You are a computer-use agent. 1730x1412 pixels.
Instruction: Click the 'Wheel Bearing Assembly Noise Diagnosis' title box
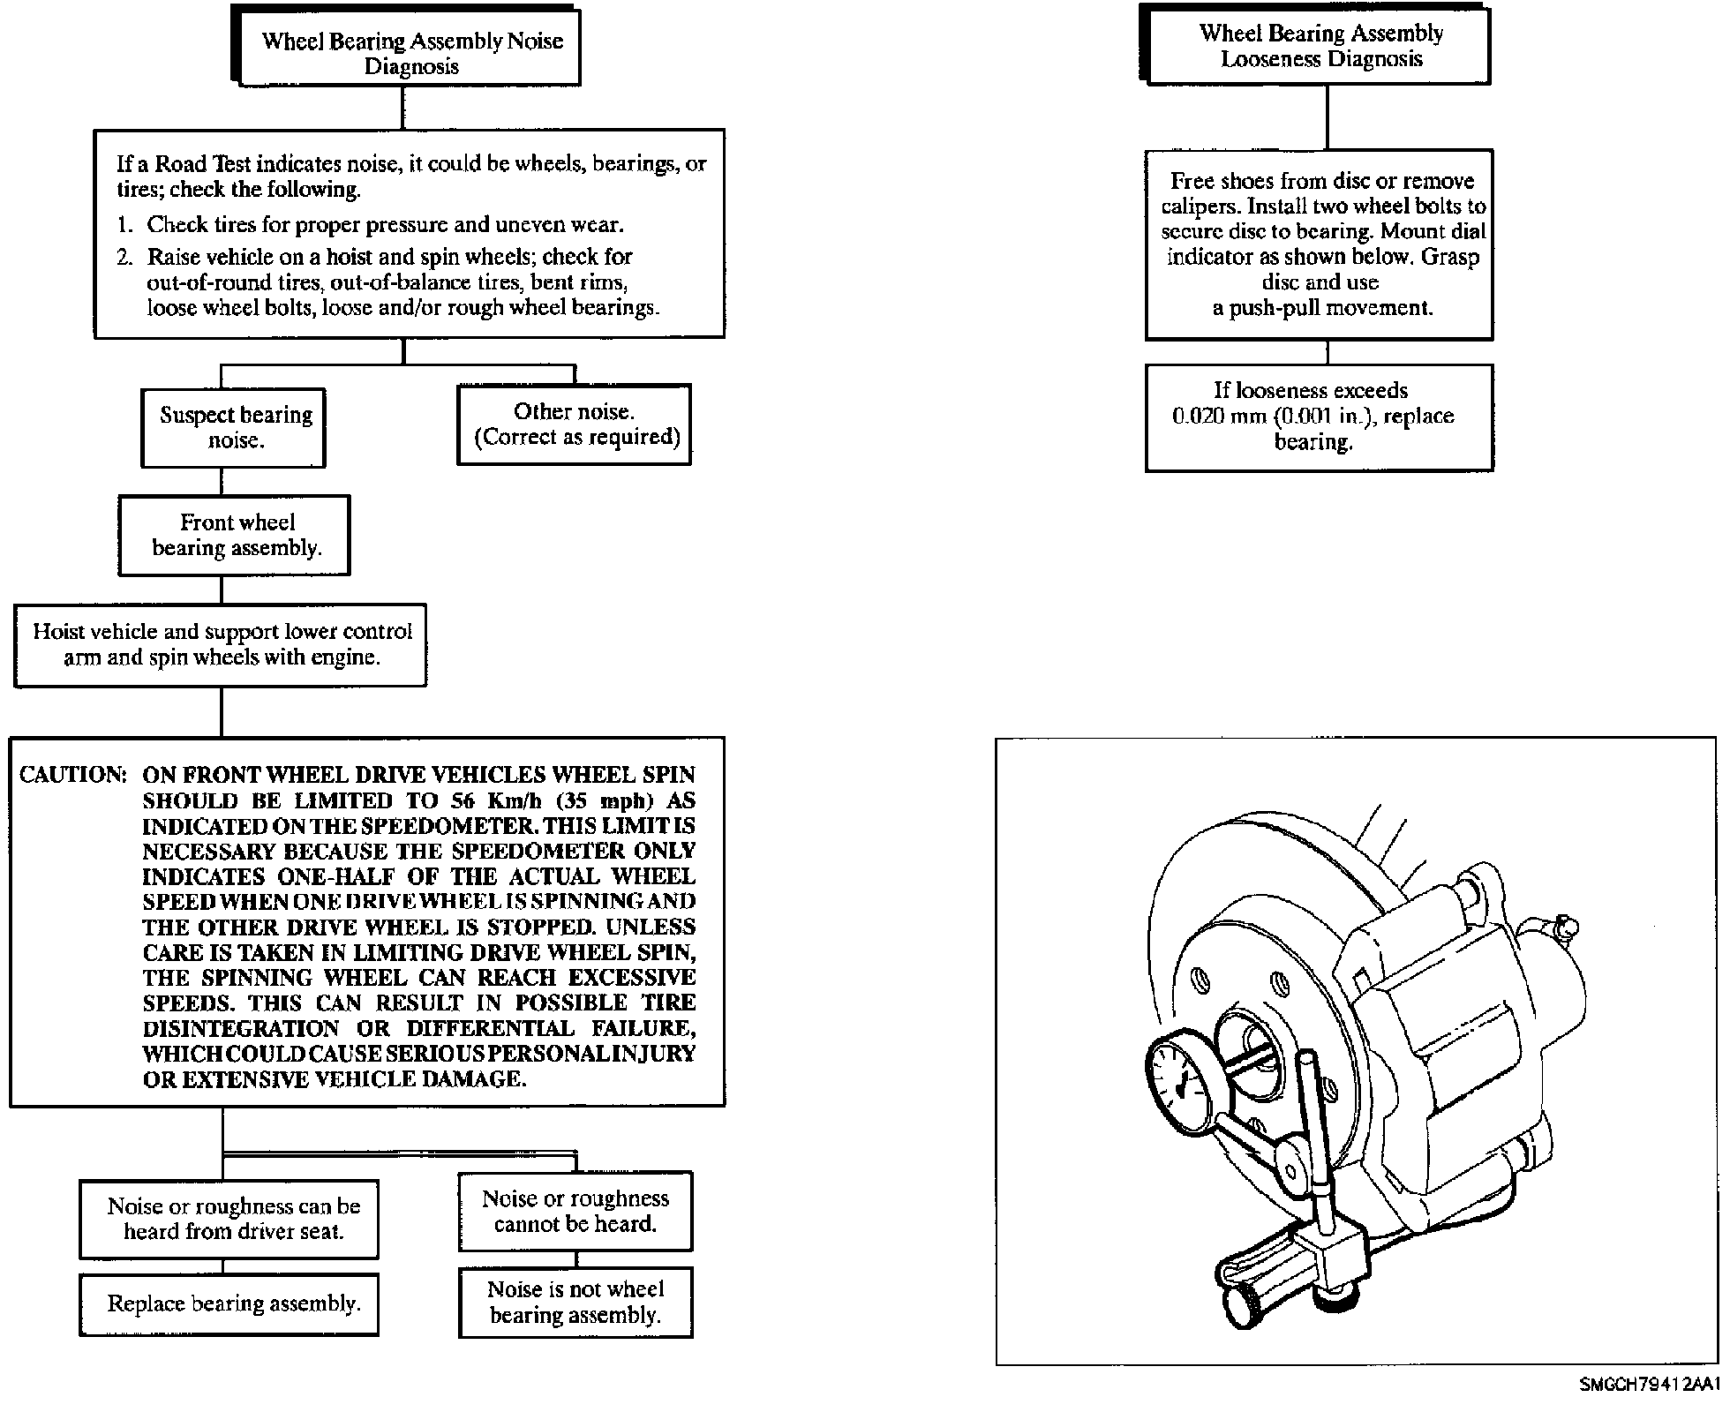pos(406,46)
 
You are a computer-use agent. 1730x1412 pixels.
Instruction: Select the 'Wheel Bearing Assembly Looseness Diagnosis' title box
pos(1315,45)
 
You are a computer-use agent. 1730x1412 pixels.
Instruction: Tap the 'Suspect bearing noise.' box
pos(234,428)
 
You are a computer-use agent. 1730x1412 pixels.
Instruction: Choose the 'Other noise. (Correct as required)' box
pos(575,424)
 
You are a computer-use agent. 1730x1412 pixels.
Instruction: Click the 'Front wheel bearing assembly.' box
pos(235,536)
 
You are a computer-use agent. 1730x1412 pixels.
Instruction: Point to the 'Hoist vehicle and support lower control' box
pos(221,645)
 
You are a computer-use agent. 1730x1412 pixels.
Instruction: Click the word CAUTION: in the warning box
pos(73,775)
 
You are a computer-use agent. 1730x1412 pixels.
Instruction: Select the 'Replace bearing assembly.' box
pos(229,1304)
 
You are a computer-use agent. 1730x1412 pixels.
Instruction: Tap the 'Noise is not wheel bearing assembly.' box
pos(575,1303)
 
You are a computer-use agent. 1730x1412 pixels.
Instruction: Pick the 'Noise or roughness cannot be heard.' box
pos(575,1212)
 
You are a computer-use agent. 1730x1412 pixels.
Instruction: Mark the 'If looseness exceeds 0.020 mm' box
pos(1320,417)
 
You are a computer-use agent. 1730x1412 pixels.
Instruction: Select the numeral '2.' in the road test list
pos(125,257)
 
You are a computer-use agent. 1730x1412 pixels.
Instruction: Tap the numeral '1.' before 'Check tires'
pos(124,225)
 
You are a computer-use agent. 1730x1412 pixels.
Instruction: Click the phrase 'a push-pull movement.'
pos(1322,308)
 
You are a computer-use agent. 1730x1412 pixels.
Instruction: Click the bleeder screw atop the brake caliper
pos(1562,928)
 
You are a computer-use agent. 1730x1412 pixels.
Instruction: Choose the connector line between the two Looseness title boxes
pos(1328,117)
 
